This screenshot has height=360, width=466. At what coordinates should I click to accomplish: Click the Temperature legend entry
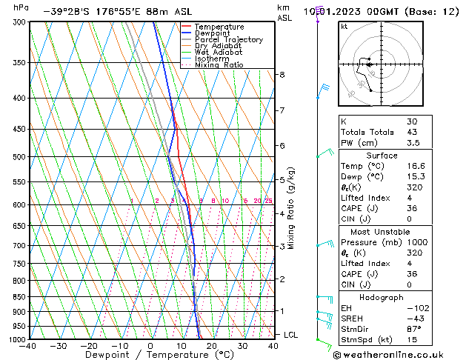pos(219,27)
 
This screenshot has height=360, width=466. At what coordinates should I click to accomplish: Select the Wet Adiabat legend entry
pos(217,52)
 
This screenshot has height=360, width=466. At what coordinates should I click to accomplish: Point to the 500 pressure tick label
pos(19,157)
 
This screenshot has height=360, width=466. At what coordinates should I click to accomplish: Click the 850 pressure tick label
pos(19,297)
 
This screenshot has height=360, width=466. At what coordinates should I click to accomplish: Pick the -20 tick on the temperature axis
pos(89,346)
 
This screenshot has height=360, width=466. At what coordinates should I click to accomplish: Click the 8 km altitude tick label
pos(282,75)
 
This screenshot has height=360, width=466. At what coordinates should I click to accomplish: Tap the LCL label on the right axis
pos(291,335)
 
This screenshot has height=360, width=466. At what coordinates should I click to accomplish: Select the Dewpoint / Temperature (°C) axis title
pos(150,356)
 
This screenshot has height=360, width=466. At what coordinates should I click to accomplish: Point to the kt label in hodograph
pos(344,26)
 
